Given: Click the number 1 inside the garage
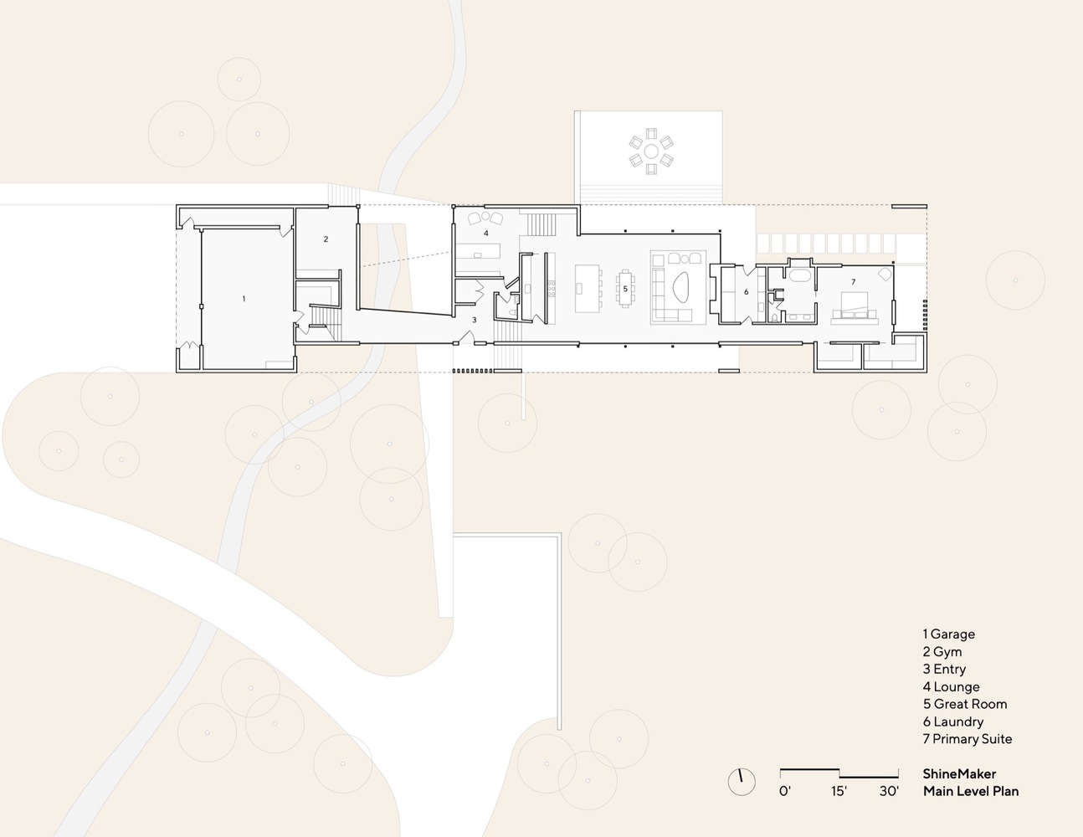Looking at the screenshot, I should [x=244, y=298].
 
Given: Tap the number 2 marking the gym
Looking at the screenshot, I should [x=326, y=239].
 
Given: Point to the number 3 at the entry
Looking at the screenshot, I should [x=474, y=320].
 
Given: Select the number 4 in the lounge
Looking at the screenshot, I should [x=485, y=209].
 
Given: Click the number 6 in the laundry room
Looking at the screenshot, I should [x=746, y=292].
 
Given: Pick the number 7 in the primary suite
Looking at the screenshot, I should [x=853, y=281].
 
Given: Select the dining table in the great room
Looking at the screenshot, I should [x=625, y=288].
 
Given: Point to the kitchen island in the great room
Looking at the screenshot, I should [x=588, y=289].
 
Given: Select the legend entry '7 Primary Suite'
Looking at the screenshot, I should [x=968, y=739].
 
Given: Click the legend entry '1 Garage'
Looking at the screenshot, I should [x=948, y=634].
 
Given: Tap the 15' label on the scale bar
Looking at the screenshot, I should [x=839, y=790].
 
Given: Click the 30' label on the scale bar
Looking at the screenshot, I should [x=888, y=790].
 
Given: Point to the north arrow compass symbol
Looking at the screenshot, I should [x=741, y=781].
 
